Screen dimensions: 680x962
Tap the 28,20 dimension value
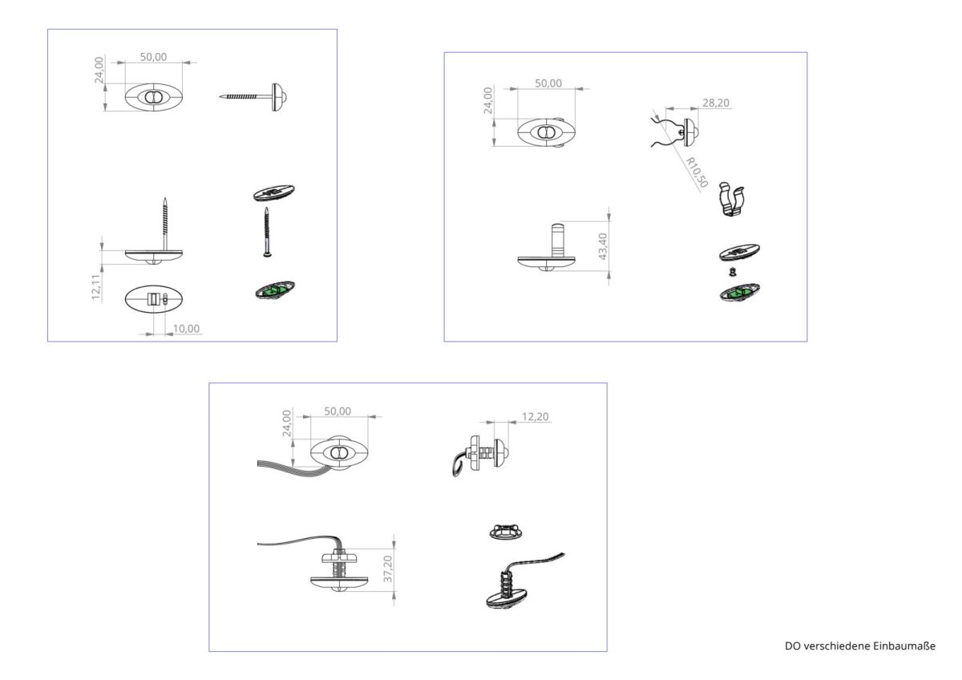click(x=715, y=103)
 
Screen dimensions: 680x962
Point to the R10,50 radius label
click(x=697, y=172)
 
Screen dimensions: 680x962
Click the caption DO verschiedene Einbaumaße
click(x=859, y=646)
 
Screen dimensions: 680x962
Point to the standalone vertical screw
click(x=266, y=232)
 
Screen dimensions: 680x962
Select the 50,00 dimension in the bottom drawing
click(x=338, y=411)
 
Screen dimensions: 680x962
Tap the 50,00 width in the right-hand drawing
click(x=548, y=83)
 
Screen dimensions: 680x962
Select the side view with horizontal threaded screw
click(x=253, y=96)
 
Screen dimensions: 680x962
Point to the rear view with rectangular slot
click(x=154, y=299)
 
